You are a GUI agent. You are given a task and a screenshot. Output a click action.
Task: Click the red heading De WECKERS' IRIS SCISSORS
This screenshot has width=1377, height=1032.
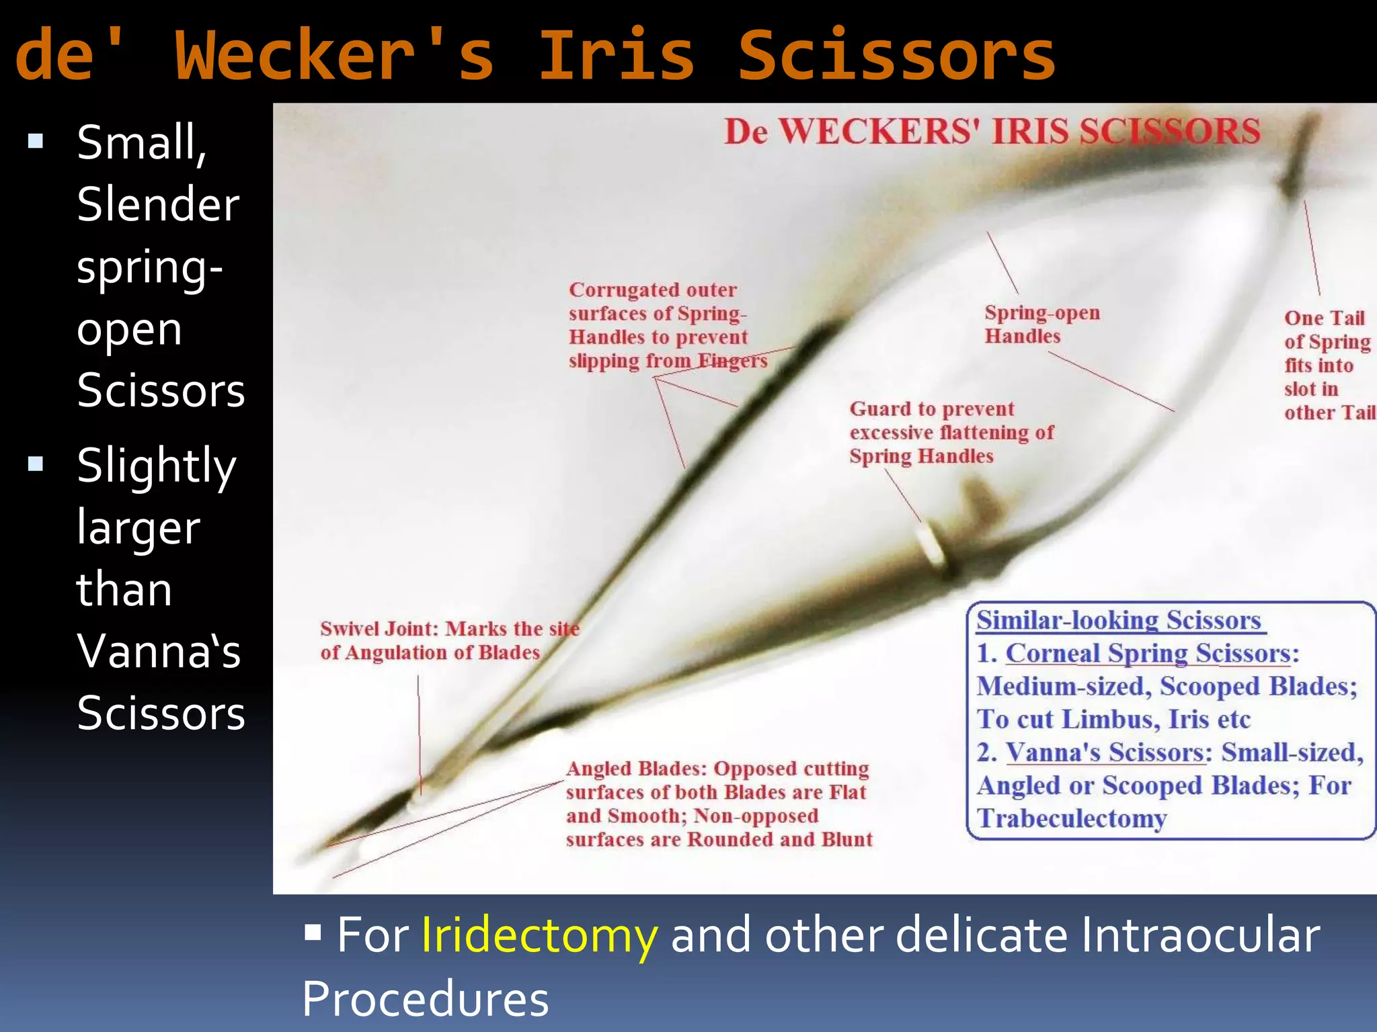pos(992,131)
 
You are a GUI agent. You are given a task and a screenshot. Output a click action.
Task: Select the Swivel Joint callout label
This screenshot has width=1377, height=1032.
pos(448,640)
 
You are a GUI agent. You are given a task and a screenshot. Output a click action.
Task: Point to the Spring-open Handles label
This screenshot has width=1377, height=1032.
pos(1041,324)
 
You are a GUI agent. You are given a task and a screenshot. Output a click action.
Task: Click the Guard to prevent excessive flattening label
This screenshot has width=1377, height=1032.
pos(951,432)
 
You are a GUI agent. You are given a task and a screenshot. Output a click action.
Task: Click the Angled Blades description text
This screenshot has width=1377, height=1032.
pos(718,804)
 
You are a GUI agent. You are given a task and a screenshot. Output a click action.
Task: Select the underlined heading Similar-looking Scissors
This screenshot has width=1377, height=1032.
pos(1119,619)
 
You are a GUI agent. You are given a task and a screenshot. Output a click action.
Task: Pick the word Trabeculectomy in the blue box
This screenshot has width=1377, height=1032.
pos(1072,818)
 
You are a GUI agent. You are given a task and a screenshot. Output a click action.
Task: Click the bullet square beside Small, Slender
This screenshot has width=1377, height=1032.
pos(36,141)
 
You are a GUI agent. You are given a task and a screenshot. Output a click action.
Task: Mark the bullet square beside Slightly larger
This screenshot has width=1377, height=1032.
pos(36,464)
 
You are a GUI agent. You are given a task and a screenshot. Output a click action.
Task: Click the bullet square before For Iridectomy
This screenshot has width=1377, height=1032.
pos(313,932)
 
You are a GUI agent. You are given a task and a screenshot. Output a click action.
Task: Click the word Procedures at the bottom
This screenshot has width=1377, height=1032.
pos(425,998)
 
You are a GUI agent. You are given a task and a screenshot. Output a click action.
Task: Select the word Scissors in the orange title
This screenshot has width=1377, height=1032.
pos(896,55)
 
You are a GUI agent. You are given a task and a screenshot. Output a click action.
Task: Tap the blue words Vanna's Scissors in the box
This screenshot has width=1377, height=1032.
pos(1105,752)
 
